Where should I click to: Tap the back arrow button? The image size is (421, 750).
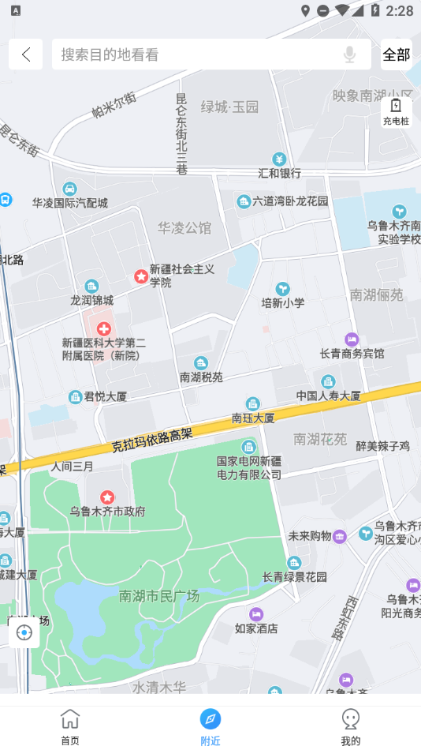coord(26,54)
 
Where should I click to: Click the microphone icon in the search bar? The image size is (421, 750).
coord(349,54)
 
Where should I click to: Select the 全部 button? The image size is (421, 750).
coord(396,54)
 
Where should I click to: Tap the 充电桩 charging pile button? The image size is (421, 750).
coord(396,111)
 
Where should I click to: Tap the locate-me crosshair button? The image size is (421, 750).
coord(24,632)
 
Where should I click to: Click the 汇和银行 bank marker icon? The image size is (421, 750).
coord(279,159)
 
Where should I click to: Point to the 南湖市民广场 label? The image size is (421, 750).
coord(159,596)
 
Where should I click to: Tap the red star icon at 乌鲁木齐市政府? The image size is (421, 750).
coord(108,497)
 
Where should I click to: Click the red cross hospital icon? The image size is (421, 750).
coord(103,328)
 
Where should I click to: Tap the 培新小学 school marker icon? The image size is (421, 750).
coord(282,289)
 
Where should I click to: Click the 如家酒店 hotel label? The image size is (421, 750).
coord(256,628)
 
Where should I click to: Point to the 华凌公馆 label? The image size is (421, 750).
coord(184,228)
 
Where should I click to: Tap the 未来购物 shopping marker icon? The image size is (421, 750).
coord(340,536)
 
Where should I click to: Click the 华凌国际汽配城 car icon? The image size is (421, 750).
coord(69,189)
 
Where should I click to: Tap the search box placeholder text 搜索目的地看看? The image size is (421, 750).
coord(110,54)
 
